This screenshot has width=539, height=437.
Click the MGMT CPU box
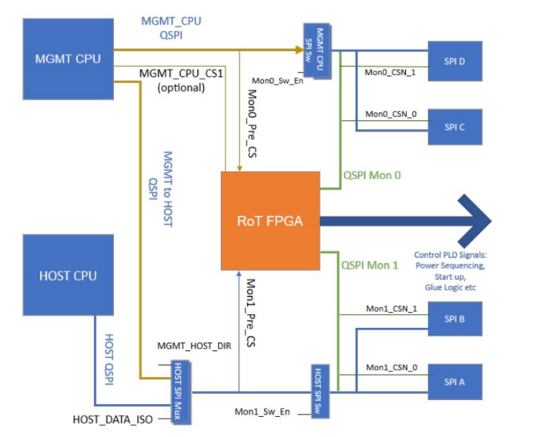point(68,58)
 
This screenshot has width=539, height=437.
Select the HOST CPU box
point(68,275)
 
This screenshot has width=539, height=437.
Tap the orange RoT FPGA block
point(270,219)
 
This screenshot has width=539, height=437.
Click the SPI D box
point(454,62)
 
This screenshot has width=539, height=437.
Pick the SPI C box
point(454,126)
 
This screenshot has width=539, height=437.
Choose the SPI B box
point(454,318)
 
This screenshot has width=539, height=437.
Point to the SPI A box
point(454,382)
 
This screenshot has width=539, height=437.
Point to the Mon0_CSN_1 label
point(390,73)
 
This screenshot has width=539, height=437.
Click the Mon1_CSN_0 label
point(390,368)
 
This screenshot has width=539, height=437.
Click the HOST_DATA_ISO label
point(112,420)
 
